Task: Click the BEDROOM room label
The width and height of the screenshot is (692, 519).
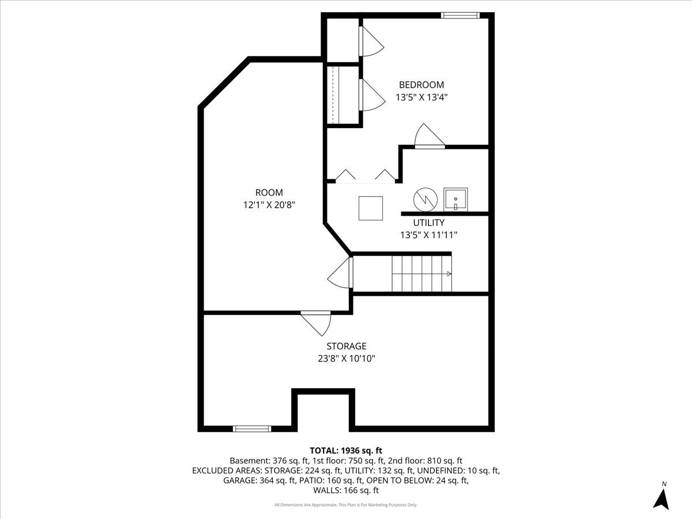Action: (x=421, y=85)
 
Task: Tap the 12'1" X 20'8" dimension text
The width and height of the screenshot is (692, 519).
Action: (x=269, y=204)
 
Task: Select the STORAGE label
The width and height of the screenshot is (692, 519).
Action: (x=346, y=346)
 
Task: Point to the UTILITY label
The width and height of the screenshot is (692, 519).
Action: (x=428, y=223)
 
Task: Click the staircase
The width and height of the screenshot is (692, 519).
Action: (x=422, y=274)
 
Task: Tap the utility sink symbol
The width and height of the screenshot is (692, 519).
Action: (x=456, y=199)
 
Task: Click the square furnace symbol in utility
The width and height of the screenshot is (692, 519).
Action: (x=371, y=208)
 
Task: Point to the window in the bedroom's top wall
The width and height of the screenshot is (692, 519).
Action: (x=460, y=16)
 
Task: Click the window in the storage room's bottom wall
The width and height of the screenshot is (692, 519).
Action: (x=251, y=428)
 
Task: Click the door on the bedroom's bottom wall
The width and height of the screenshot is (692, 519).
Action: (x=430, y=138)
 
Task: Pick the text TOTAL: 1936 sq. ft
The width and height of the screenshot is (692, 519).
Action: (x=346, y=450)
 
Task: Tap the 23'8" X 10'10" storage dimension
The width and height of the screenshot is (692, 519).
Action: (x=346, y=358)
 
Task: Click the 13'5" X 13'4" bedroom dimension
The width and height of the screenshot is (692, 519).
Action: (x=421, y=97)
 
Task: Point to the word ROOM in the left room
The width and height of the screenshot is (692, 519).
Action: (x=269, y=193)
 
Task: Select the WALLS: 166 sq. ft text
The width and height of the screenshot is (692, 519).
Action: (x=346, y=491)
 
